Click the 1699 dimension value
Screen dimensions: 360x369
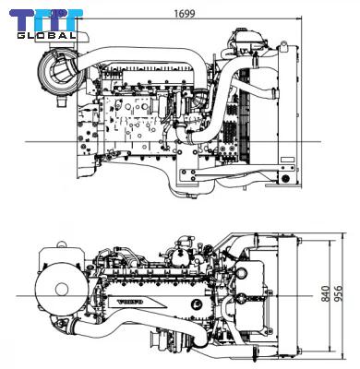pos(185,14)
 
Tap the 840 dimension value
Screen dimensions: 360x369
pos(326,293)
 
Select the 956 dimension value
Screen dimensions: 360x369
pos(338,293)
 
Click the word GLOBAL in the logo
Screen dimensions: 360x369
pos(46,35)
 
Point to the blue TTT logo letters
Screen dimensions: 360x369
pos(46,20)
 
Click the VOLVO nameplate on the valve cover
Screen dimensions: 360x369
pos(131,302)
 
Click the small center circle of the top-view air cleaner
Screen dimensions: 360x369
pos(62,290)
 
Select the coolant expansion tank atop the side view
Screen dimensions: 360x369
pos(247,40)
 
